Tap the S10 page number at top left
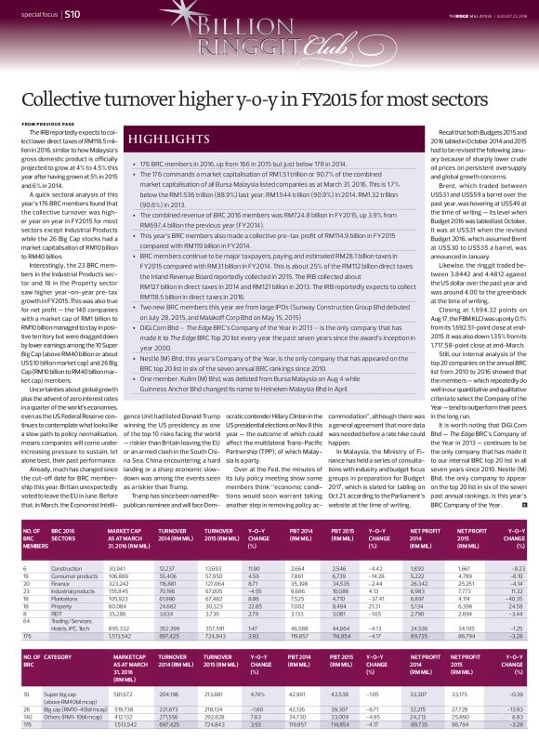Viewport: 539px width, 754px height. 72,15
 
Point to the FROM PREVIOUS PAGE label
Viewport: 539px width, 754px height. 47,124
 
